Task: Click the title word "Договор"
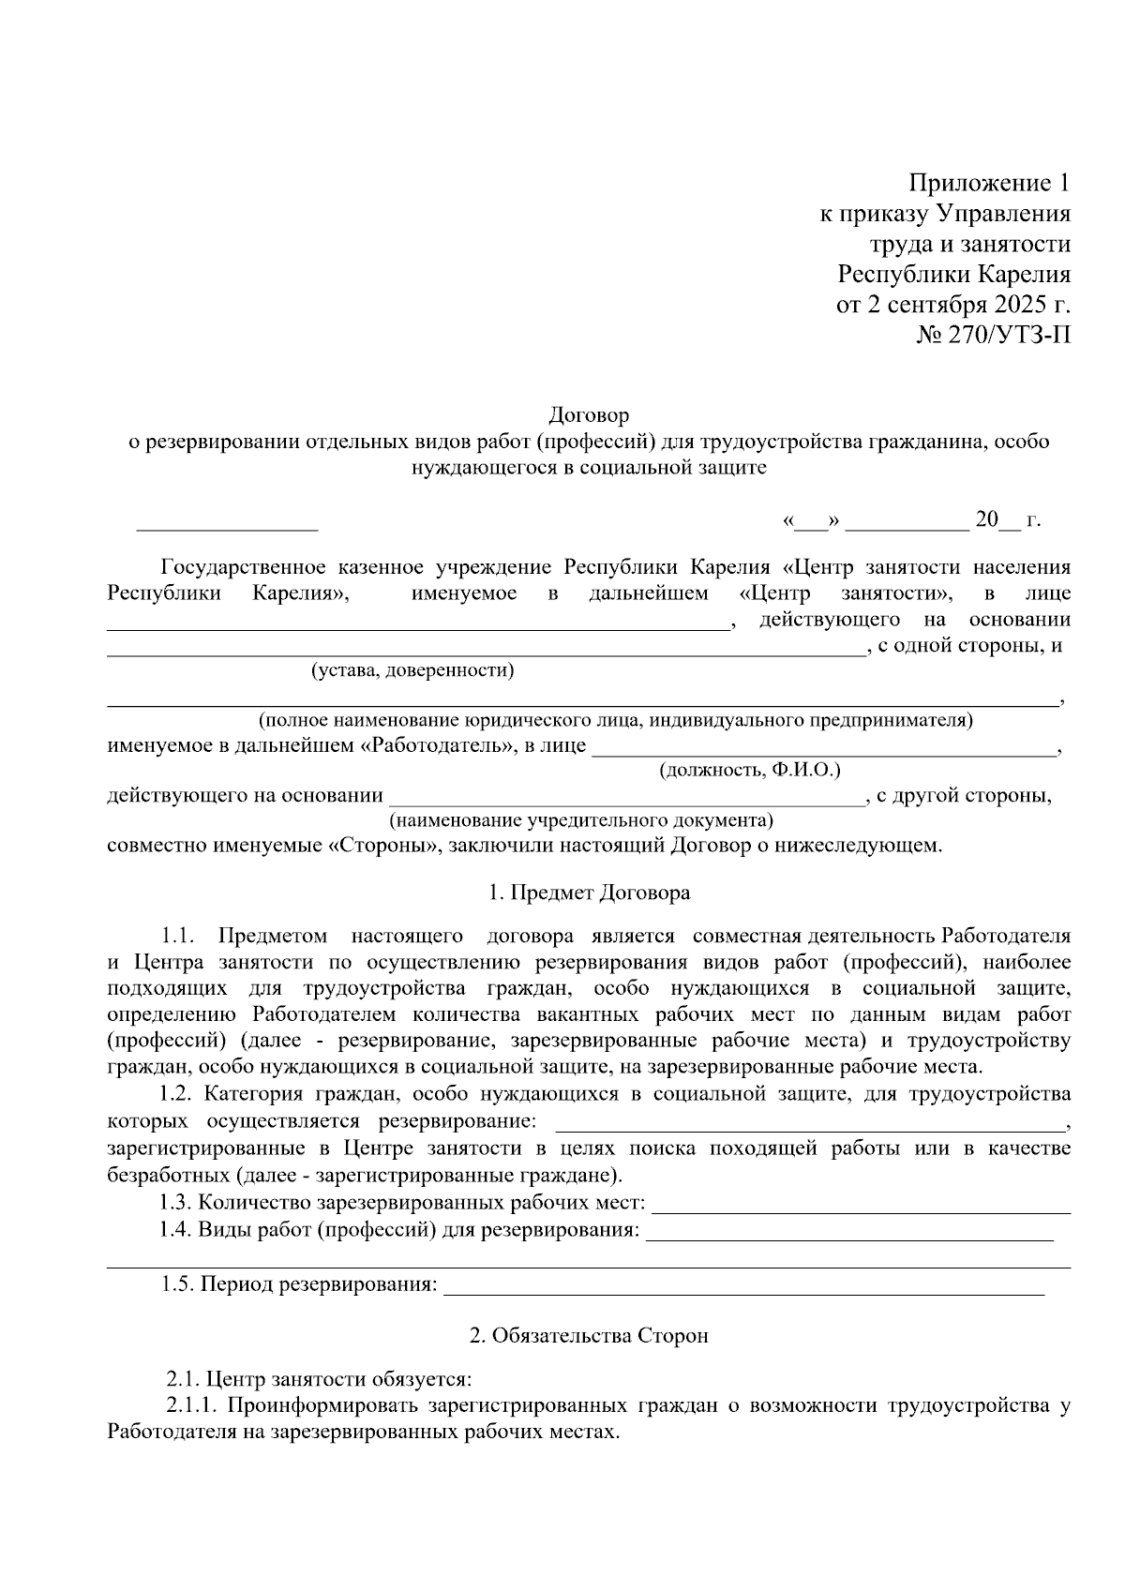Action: click(589, 414)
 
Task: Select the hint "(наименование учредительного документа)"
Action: click(581, 820)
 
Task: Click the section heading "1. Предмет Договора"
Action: click(589, 893)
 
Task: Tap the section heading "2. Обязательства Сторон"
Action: click(589, 1335)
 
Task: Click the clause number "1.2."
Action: click(175, 1093)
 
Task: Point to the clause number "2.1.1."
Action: click(192, 1406)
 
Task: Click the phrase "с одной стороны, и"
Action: click(968, 645)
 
